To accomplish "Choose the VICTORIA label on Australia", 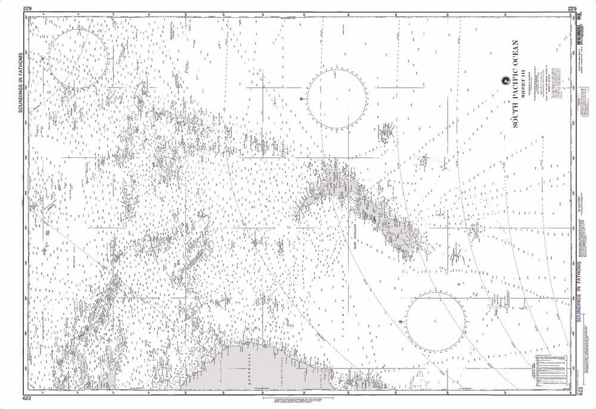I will coord(322,374).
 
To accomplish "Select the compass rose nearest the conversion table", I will coord(436,321).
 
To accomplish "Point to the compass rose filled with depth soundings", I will coord(79,59).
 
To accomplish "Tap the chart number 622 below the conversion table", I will coord(578,391).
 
